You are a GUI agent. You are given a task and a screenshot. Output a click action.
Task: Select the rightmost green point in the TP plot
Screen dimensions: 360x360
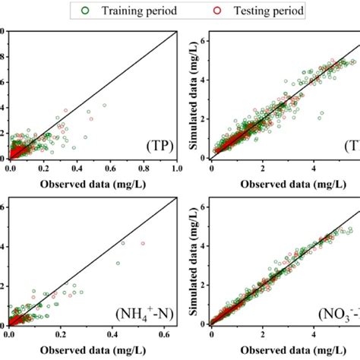(x=104, y=106)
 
